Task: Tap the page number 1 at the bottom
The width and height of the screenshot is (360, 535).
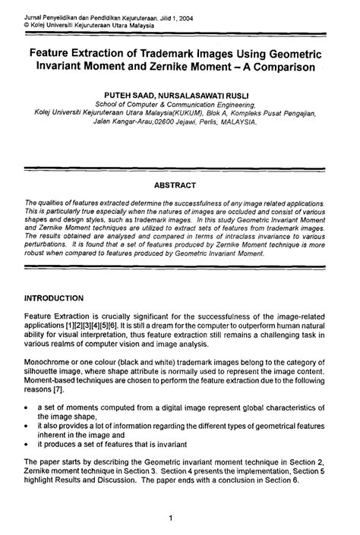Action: click(x=174, y=518)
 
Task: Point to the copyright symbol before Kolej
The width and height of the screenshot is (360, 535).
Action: click(x=27, y=24)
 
